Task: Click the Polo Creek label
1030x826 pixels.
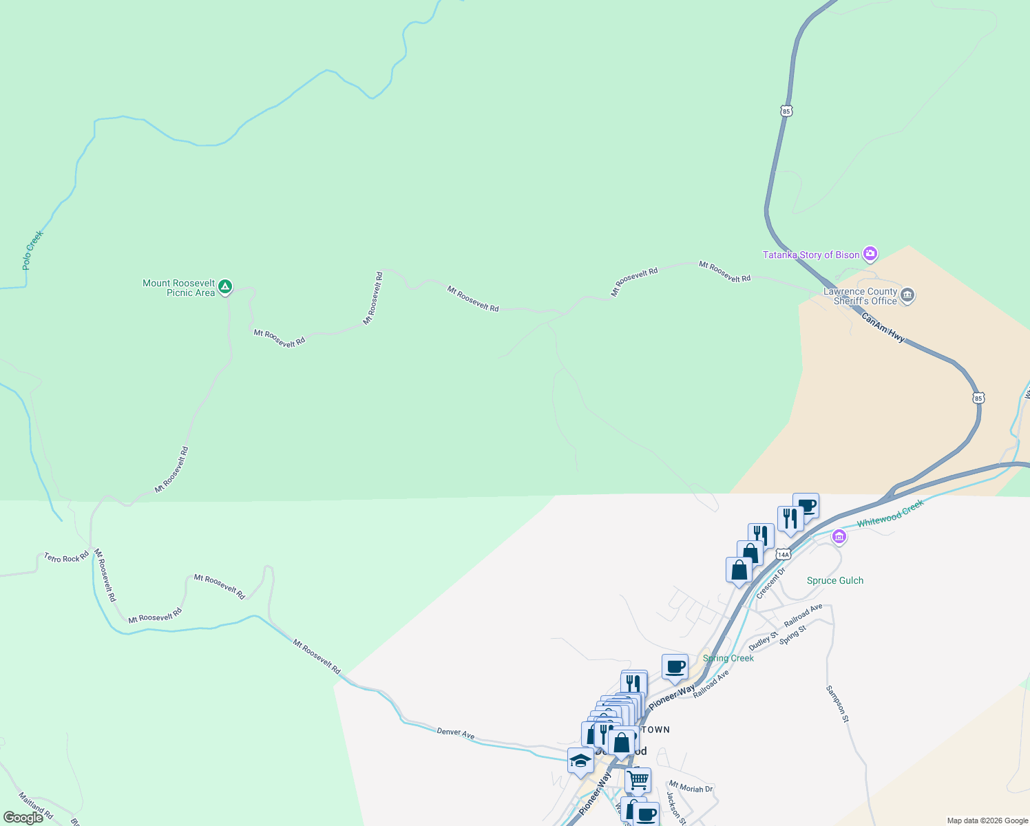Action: click(32, 250)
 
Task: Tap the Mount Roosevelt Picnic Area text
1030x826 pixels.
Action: click(179, 288)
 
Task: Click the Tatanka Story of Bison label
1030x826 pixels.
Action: click(811, 255)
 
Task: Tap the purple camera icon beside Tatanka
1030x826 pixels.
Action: click(870, 254)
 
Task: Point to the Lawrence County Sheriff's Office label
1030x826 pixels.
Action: click(861, 297)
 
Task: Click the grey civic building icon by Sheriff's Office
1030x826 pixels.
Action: click(907, 296)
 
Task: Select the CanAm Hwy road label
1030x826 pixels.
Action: click(883, 328)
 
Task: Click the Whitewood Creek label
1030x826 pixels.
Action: click(890, 513)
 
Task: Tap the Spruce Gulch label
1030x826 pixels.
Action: click(834, 580)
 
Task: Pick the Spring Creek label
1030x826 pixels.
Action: click(728, 658)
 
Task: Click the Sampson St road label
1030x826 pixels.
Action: click(837, 703)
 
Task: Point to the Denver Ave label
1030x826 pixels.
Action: click(456, 733)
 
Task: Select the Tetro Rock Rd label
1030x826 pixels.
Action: click(67, 558)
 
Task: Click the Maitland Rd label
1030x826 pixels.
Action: click(36, 807)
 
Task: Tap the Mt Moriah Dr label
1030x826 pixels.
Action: click(691, 786)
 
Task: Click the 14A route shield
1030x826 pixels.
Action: click(783, 554)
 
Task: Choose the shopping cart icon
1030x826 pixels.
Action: click(638, 780)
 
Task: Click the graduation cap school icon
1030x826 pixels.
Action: click(580, 761)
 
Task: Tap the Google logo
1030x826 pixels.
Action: click(23, 818)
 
